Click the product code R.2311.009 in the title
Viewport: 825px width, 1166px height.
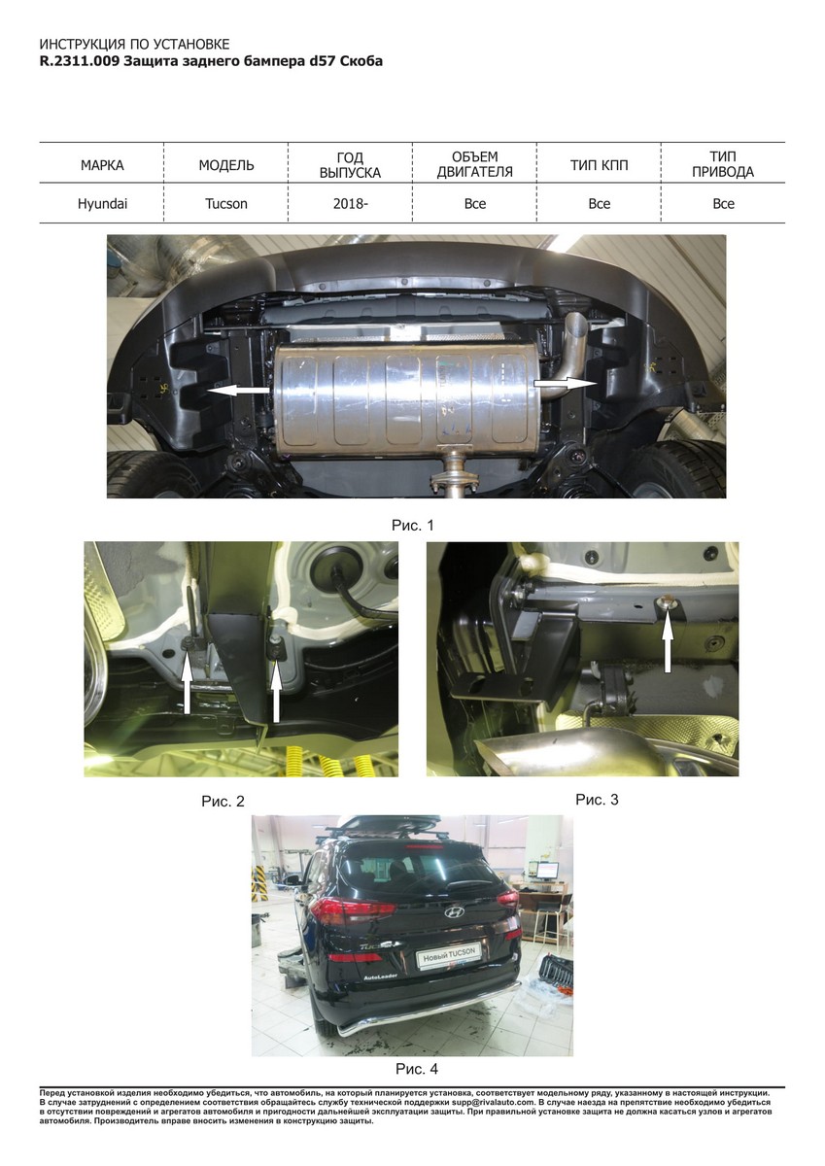(x=80, y=61)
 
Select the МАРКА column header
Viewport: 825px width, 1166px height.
(x=102, y=165)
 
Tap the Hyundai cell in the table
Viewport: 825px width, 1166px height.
(x=102, y=203)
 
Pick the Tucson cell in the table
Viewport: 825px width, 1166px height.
(x=225, y=203)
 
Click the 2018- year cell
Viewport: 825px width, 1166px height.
(x=350, y=203)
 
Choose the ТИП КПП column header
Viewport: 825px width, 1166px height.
(x=600, y=165)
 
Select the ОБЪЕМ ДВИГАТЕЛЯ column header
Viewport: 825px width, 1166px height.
(x=475, y=164)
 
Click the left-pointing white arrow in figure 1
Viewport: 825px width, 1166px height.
(x=239, y=391)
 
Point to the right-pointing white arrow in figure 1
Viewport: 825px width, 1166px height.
(x=566, y=383)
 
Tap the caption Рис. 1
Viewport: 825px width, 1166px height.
(x=412, y=526)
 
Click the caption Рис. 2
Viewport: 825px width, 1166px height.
(x=223, y=801)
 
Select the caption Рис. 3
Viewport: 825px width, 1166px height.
(x=597, y=800)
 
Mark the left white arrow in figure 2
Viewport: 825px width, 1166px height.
(x=187, y=686)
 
